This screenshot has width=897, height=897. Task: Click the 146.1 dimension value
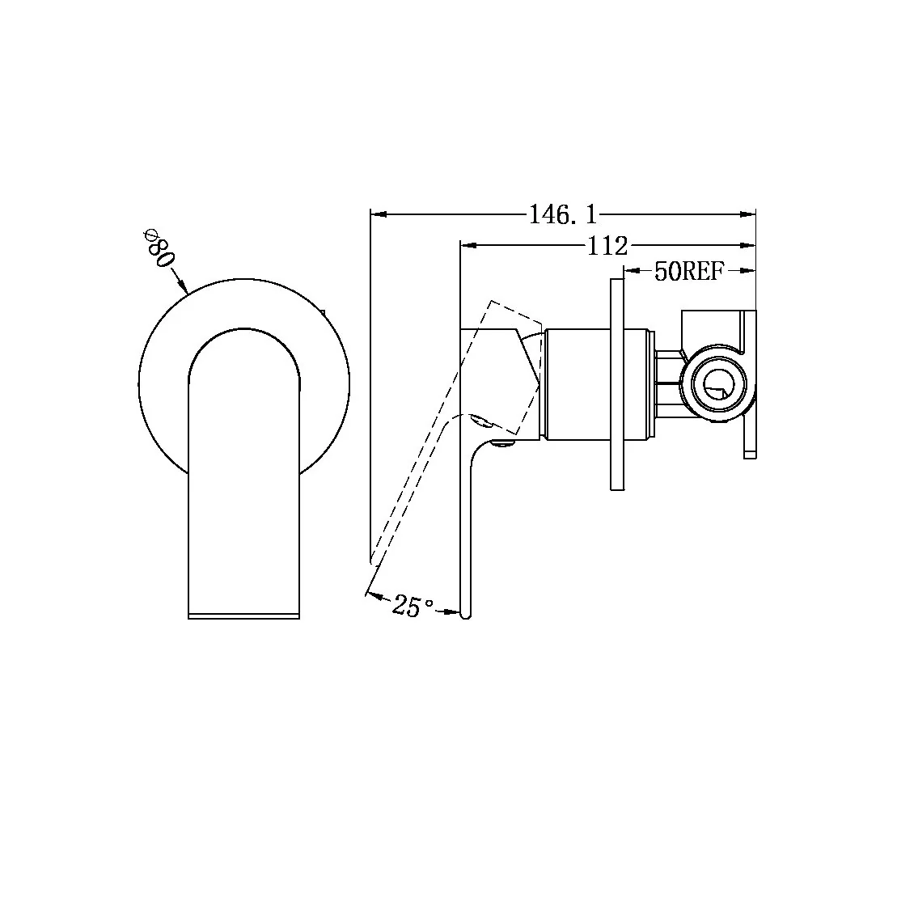(x=562, y=214)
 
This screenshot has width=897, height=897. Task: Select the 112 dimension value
(x=607, y=244)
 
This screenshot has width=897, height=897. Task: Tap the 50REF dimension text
(x=688, y=272)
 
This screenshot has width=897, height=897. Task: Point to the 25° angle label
(x=413, y=606)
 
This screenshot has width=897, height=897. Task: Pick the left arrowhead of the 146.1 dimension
(x=376, y=214)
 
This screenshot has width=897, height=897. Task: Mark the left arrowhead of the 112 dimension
(x=467, y=243)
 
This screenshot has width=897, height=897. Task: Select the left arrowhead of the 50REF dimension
(x=633, y=272)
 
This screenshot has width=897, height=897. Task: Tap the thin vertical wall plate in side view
(x=616, y=384)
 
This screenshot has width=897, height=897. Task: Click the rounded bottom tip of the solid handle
(x=464, y=615)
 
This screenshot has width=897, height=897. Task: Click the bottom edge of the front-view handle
(x=243, y=617)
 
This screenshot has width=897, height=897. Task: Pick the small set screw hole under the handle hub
(x=503, y=442)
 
